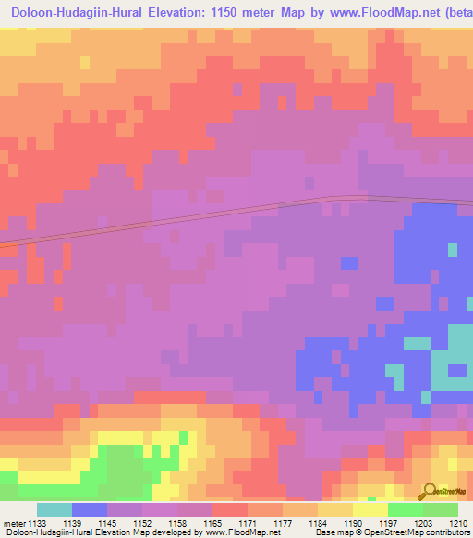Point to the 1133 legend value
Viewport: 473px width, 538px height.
point(36,523)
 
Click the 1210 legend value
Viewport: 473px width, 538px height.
point(459,523)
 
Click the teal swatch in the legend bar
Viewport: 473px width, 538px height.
point(54,509)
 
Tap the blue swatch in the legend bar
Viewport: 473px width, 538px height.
point(89,509)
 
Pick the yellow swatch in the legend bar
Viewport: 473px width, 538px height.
point(370,509)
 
